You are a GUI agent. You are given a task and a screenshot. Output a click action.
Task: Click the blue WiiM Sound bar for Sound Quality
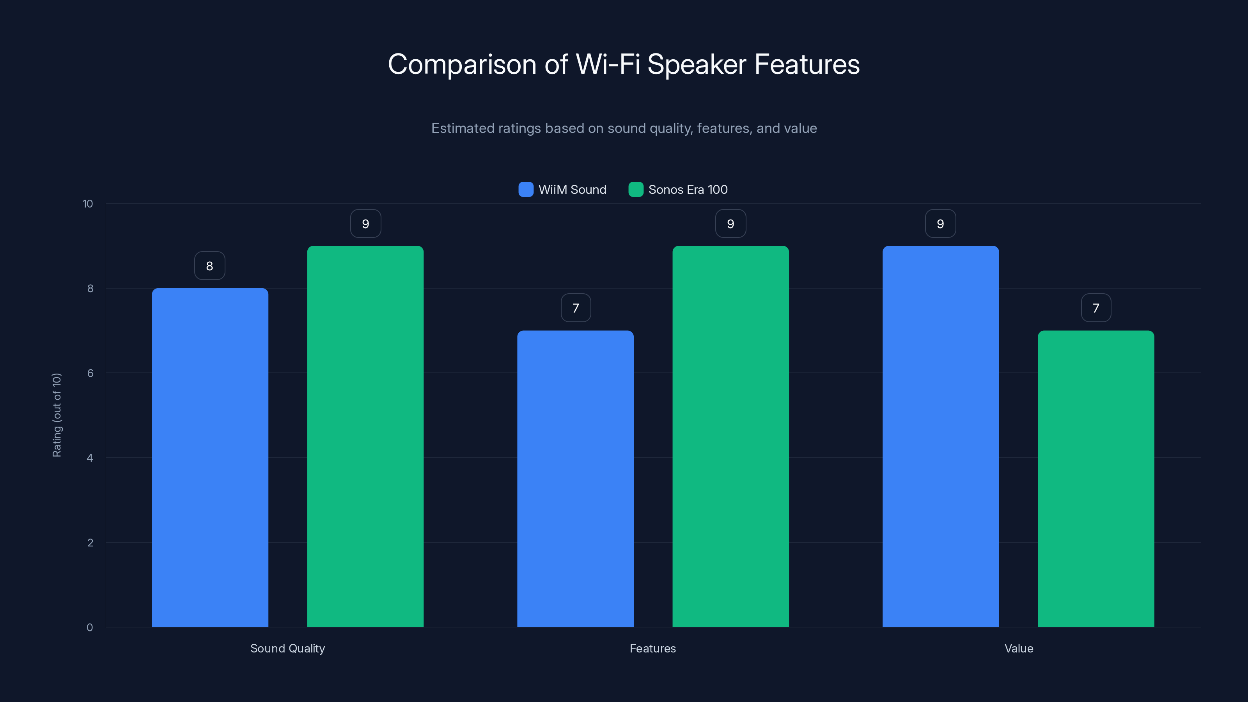tap(210, 457)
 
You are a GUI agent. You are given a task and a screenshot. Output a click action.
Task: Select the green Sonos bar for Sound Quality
tap(365, 436)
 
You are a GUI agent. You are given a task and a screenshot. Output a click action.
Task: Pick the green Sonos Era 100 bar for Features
tap(730, 436)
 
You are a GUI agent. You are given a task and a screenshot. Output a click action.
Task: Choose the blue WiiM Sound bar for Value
tap(940, 436)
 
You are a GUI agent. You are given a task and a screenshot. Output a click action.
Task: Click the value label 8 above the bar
tap(210, 266)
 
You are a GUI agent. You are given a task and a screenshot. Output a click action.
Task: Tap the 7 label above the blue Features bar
tap(576, 308)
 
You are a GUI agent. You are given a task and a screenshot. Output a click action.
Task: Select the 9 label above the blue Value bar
tap(940, 223)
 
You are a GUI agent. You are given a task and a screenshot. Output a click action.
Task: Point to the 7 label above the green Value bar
tap(1096, 308)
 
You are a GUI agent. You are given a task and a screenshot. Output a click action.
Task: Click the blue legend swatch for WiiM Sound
tap(526, 190)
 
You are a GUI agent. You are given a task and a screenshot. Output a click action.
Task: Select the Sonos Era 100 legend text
tap(688, 190)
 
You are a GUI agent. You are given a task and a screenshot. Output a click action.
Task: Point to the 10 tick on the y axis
tap(88, 204)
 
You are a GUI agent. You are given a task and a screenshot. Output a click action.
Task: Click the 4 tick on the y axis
tap(90, 458)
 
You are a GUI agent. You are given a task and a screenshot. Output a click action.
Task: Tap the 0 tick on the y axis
tap(90, 628)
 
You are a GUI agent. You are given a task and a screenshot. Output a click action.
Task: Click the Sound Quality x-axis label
tap(287, 648)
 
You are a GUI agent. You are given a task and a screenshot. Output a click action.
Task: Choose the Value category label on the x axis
tap(1018, 648)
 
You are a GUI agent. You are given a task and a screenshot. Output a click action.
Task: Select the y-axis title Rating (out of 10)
tap(57, 415)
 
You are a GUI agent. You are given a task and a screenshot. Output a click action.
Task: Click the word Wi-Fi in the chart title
tap(608, 64)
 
